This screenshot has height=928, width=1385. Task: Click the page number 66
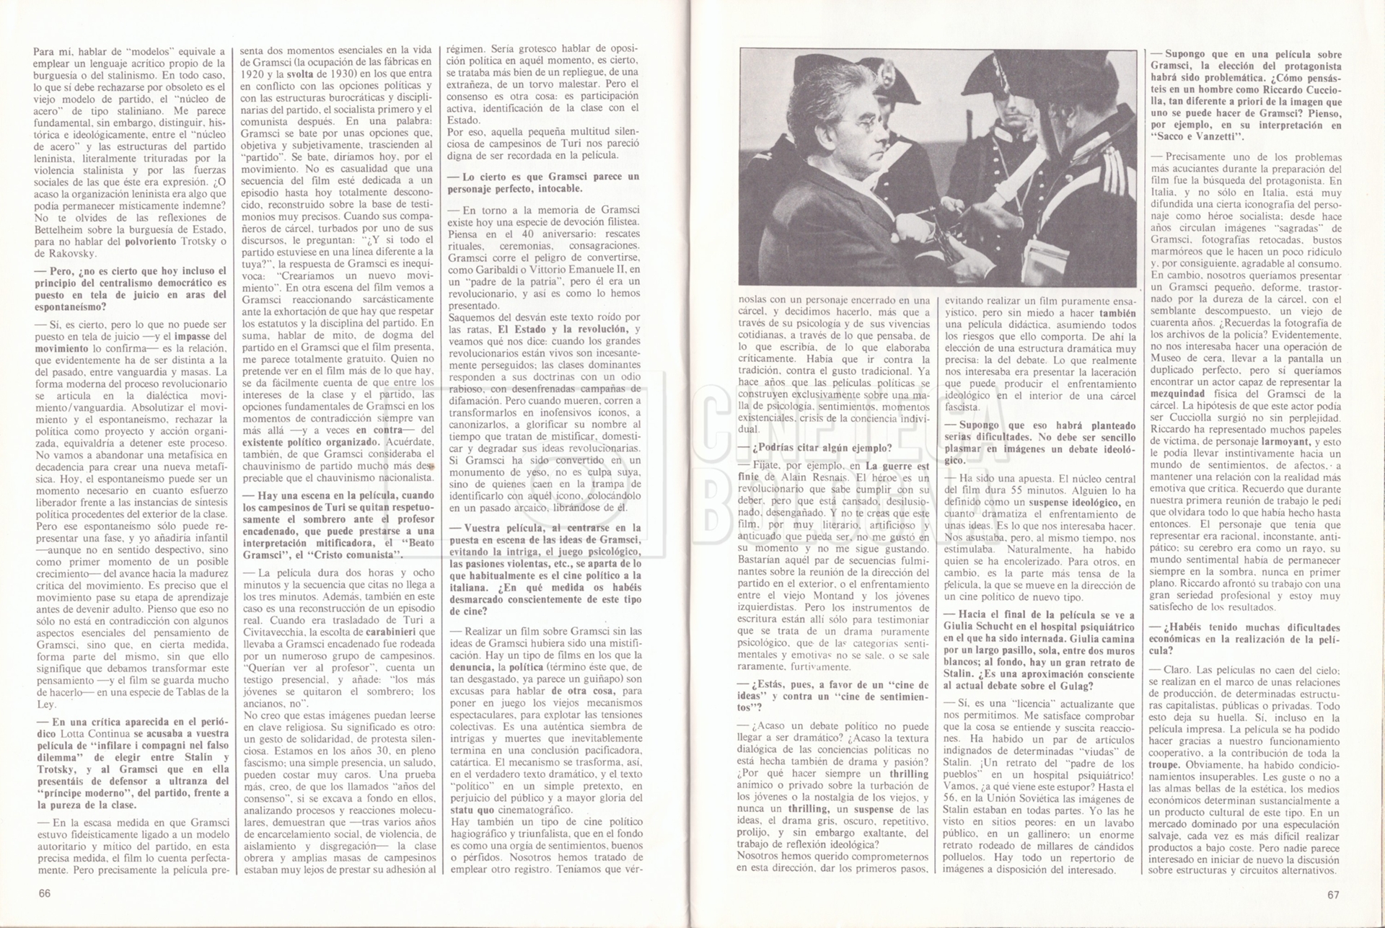[x=45, y=894]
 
